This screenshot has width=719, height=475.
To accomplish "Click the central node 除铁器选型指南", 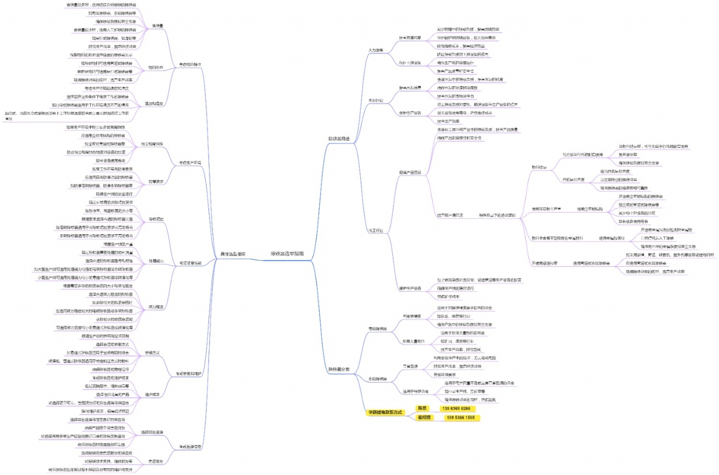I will (286, 253).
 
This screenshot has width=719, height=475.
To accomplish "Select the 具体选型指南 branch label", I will (232, 254).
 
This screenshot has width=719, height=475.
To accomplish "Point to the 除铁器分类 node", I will (338, 369).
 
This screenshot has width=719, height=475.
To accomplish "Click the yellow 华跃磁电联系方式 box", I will (386, 412).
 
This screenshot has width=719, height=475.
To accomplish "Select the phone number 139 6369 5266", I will (459, 409).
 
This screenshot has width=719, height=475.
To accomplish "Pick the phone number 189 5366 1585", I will (460, 417).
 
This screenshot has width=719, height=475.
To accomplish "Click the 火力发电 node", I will (376, 50).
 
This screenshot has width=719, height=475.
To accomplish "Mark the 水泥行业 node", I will (376, 100).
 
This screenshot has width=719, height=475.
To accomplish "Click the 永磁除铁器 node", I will (377, 379).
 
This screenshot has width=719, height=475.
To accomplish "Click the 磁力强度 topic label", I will (157, 306).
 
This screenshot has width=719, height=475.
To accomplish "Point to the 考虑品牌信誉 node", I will (189, 446).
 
